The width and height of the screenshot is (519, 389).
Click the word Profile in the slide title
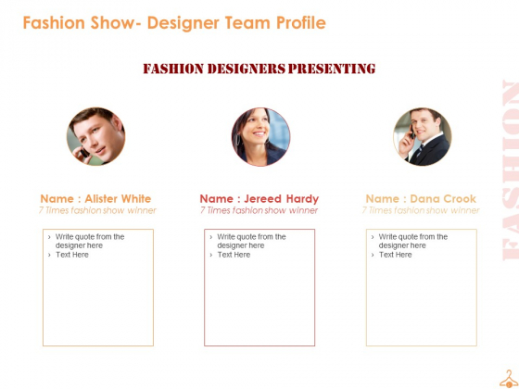301,22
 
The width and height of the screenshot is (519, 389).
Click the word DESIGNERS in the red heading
247,69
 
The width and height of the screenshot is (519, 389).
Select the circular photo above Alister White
96,136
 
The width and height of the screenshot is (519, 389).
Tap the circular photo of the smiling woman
260,137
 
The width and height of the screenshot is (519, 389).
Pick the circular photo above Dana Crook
423,136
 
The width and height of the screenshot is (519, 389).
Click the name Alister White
118,199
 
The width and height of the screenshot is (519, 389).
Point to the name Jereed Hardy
282,199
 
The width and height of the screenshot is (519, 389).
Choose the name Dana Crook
443,199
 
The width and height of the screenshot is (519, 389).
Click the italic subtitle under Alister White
97,210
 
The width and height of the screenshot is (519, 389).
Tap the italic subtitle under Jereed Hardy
259,210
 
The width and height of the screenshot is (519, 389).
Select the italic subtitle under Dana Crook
421,210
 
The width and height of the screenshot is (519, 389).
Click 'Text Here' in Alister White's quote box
72,255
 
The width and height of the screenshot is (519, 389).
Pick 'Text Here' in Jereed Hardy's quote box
234,255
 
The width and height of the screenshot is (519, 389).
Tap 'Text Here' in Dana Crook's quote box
395,255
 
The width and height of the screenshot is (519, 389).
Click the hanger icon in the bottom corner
509,379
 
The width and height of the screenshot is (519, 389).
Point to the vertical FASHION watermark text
511,170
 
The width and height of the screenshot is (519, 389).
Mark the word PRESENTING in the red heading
332,69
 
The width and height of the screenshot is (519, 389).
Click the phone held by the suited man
412,132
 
